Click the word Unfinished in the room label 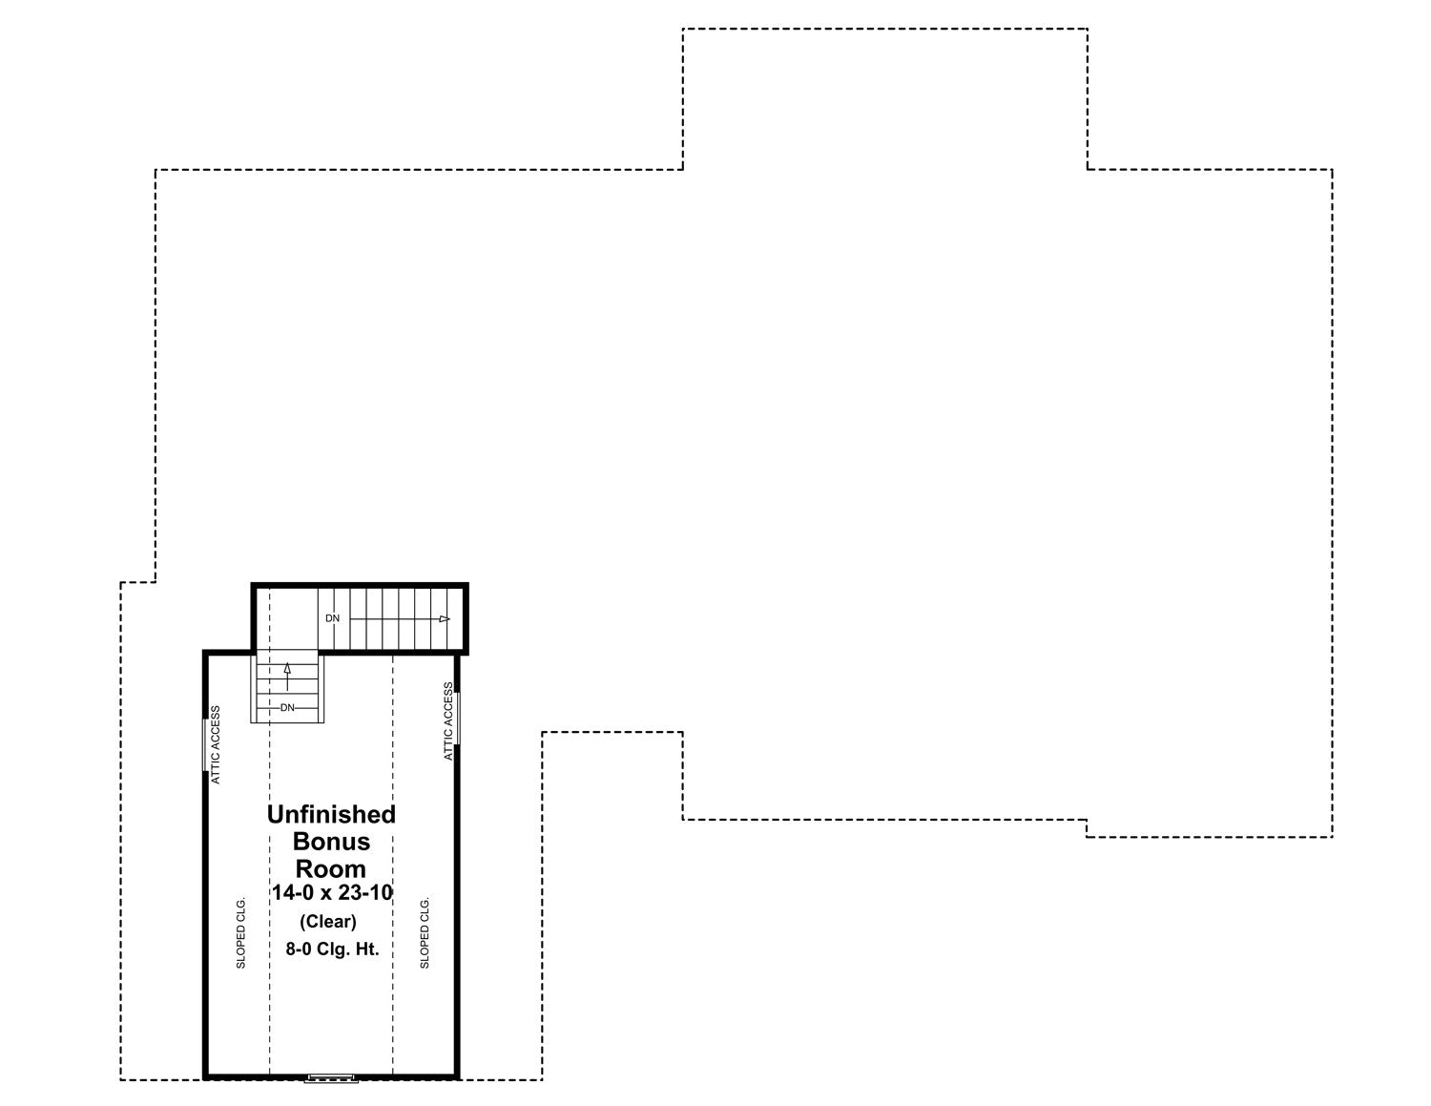pos(331,815)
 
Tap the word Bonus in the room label pos(331,842)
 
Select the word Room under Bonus pos(331,868)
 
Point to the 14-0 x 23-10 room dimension pos(333,892)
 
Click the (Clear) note pos(328,921)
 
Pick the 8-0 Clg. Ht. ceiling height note pos(333,949)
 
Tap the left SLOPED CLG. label pos(241,931)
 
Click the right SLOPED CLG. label pos(425,931)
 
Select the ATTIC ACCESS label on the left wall pos(216,744)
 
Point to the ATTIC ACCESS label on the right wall pos(448,721)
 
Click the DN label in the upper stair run pos(333,618)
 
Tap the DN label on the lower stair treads pos(287,708)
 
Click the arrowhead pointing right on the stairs pos(445,619)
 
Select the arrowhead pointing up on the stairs pos(287,669)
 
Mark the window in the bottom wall pos(331,1078)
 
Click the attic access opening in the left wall pos(205,744)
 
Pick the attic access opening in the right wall pos(457,718)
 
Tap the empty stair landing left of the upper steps pos(287,618)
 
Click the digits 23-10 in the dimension pos(365,892)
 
